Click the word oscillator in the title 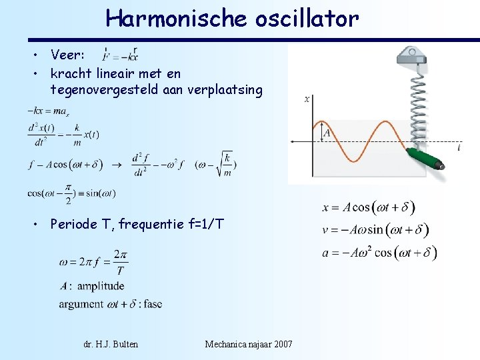[x=307, y=19]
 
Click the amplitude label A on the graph [x=327, y=132]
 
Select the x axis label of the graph [x=307, y=99]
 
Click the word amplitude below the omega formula [x=101, y=287]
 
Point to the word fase [x=152, y=304]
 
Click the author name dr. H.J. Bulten [x=111, y=344]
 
